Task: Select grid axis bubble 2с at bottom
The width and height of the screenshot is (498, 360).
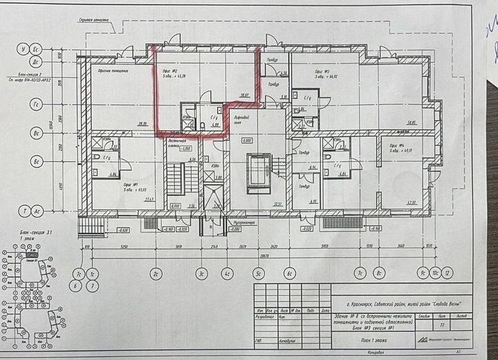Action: (157, 272)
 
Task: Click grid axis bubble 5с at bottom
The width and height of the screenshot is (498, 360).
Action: (257, 272)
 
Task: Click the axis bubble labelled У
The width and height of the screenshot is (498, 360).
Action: (24, 50)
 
